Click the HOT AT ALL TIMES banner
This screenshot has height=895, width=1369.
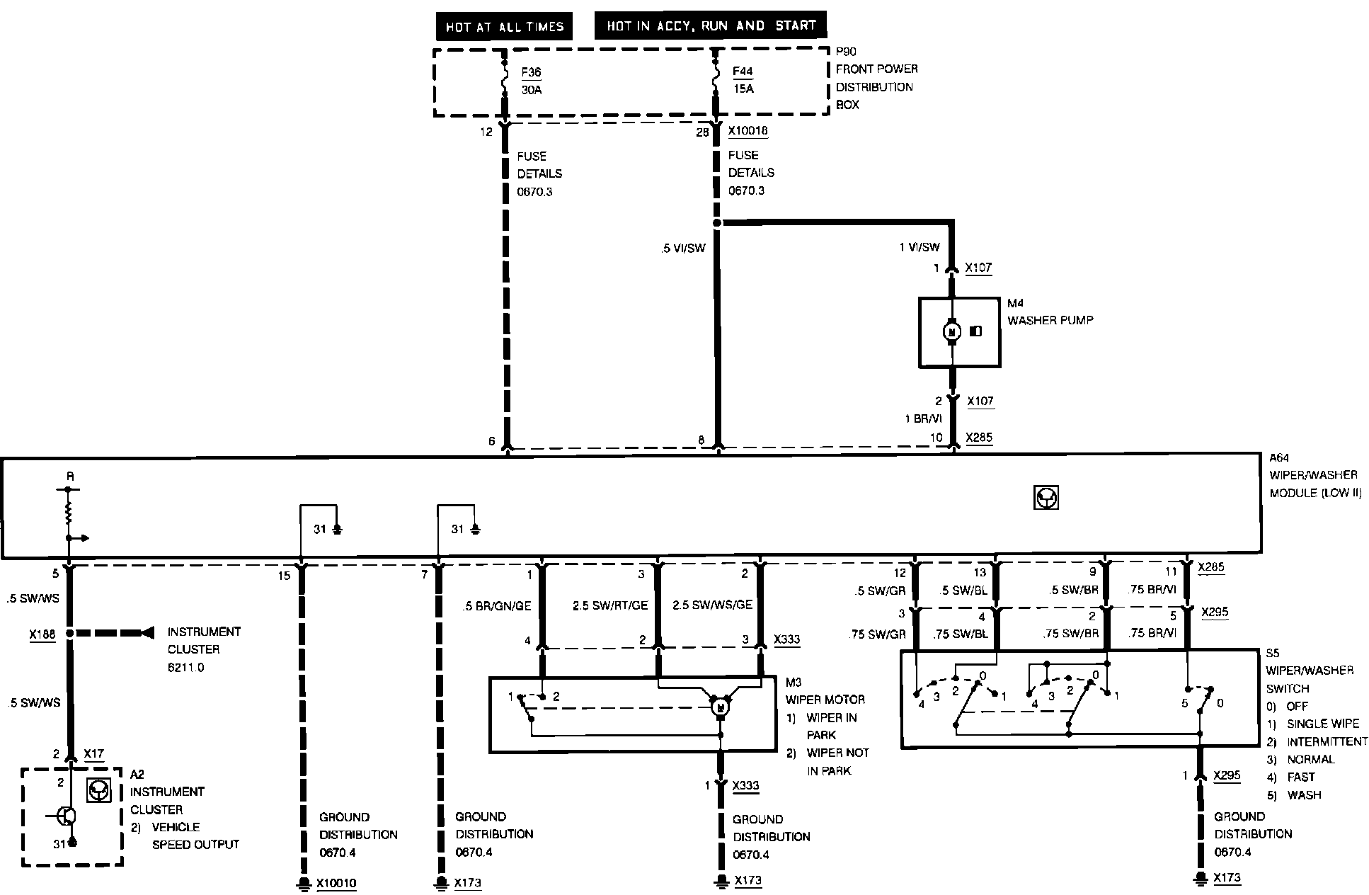(504, 27)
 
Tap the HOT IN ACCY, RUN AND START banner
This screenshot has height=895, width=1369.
(711, 25)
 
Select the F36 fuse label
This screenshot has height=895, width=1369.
(531, 72)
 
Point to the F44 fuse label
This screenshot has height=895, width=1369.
(743, 72)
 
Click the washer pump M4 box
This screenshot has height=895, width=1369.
(959, 332)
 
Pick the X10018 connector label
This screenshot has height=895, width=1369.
(747, 131)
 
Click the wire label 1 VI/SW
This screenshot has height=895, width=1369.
(919, 247)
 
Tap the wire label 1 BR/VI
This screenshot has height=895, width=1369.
(923, 418)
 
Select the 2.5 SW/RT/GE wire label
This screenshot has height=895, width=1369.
(610, 605)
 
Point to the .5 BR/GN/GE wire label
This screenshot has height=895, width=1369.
(496, 606)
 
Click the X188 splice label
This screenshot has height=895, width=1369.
(42, 634)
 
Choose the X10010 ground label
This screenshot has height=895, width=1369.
(336, 884)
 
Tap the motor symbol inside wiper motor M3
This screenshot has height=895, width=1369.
(720, 707)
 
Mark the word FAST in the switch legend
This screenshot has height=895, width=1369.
(1301, 777)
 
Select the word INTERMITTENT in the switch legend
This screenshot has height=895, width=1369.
(1327, 741)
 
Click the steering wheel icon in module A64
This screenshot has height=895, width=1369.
(1046, 498)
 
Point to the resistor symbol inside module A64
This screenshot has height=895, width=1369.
(69, 513)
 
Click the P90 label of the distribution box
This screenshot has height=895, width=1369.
(846, 52)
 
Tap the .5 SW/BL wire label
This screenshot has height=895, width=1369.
(963, 591)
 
